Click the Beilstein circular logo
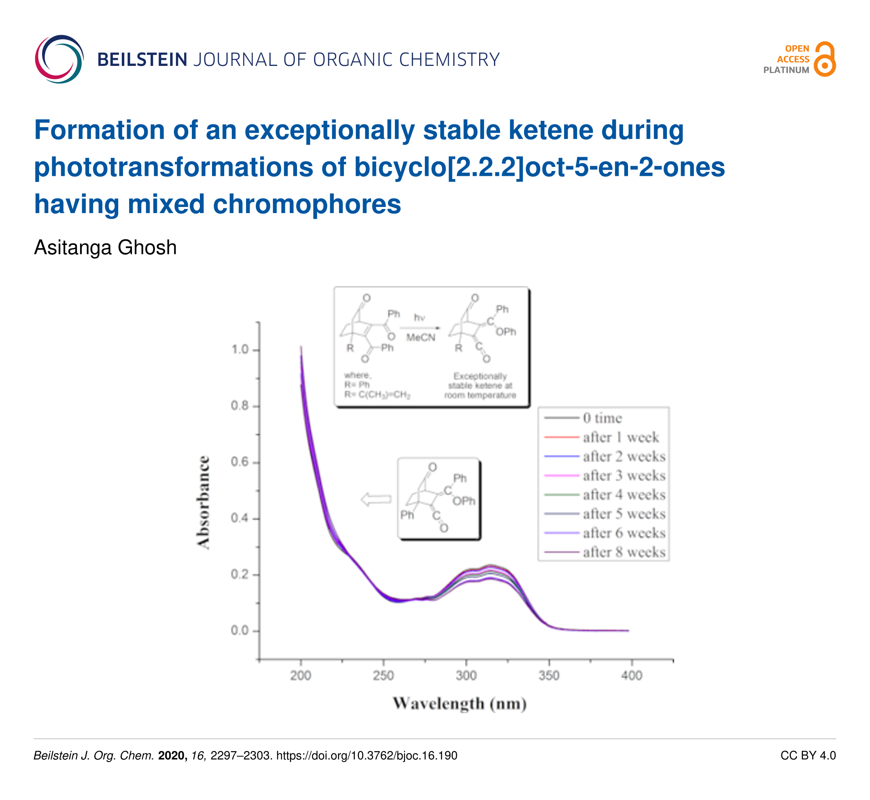coord(59,59)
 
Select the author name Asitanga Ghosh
coord(105,248)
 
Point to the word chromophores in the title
coord(307,204)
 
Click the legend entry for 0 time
coord(602,418)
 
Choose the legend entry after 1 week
coord(620,437)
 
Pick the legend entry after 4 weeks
coord(624,495)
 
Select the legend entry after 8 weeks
coord(624,552)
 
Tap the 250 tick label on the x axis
coord(384,676)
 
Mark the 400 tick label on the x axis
coord(632,676)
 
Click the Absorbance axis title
coord(203,502)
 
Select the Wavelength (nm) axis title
coord(460,704)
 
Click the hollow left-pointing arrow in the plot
coord(376,499)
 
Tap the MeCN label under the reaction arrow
coord(420,338)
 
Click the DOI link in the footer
coord(367,756)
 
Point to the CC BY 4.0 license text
coord(808,756)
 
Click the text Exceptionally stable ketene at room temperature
coord(480,386)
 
